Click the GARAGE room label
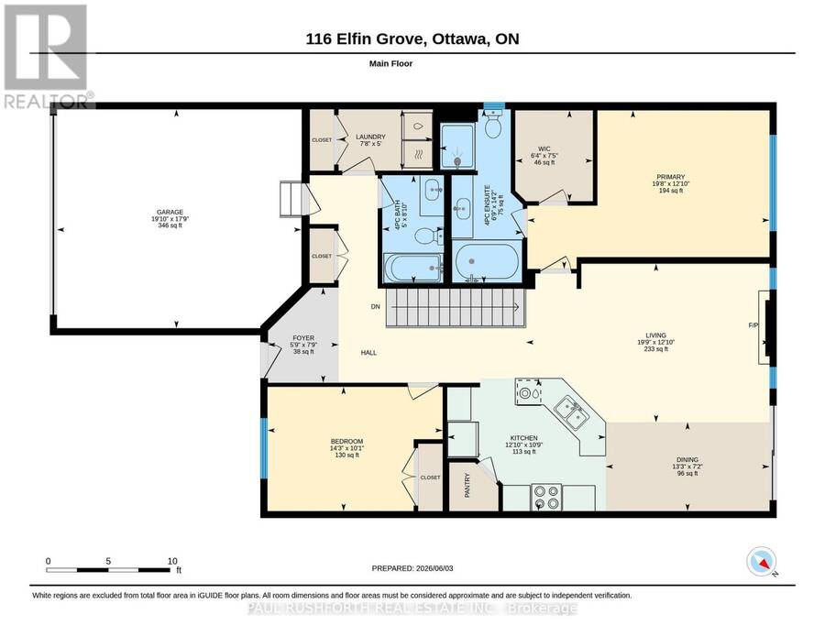170,212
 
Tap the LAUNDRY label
370,137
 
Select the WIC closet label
544,148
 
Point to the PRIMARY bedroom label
670,177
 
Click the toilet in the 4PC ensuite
493,124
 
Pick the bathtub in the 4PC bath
413,268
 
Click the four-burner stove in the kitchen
545,497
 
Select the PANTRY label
467,485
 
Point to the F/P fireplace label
753,325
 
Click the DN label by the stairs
375,307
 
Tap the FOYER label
303,337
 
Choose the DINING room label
687,459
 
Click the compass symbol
762,562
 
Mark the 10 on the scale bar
172,561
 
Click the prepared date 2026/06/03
434,568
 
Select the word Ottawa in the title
459,38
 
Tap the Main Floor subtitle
390,63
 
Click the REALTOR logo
48,56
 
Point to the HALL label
368,353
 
